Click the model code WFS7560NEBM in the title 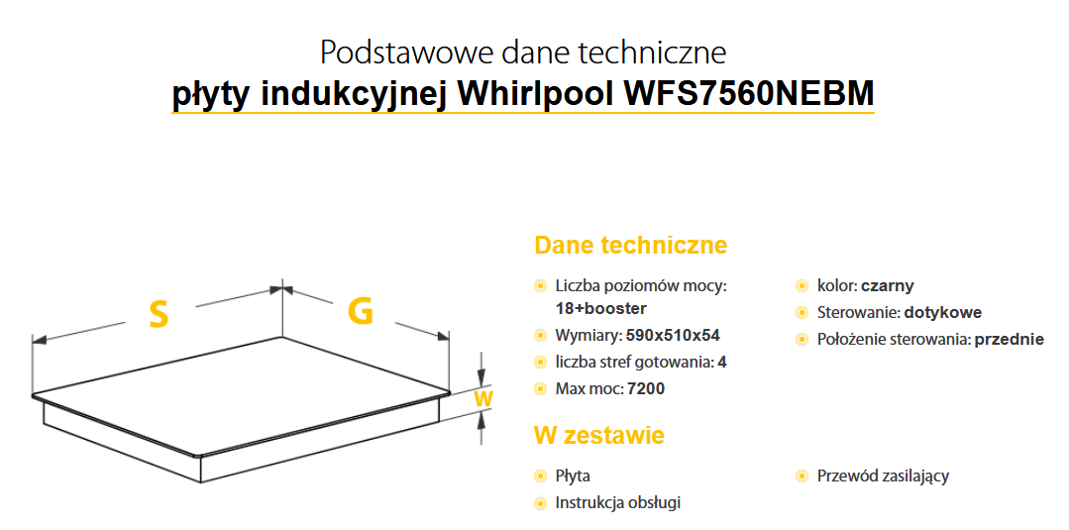tap(749, 94)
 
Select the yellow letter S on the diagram tap(159, 314)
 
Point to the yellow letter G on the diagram tap(361, 311)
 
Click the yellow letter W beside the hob tap(482, 398)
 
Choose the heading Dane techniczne tap(630, 246)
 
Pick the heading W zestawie tap(598, 435)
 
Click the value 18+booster tap(601, 308)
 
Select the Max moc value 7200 tap(646, 388)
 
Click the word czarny tap(887, 285)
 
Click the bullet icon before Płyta tap(540, 477)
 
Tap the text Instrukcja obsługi tap(618, 502)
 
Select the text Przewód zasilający tap(883, 476)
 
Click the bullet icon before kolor tap(802, 286)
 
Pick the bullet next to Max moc tap(540, 389)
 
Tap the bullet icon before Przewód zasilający tap(802, 477)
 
